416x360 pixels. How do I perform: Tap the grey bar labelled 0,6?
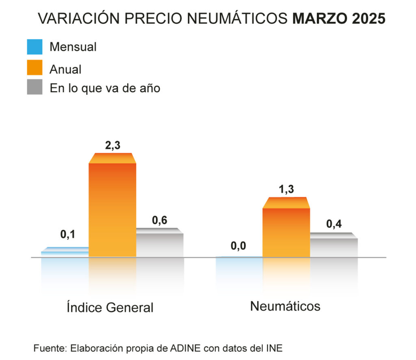point(160,244)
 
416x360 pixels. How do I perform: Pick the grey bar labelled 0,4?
point(334,246)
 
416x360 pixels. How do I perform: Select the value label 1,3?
point(286,189)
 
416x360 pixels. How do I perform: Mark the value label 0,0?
point(238,246)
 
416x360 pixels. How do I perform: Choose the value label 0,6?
point(160,220)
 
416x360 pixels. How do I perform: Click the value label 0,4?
point(334,224)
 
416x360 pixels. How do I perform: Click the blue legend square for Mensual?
point(35,47)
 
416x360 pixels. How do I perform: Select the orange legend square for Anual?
point(35,67)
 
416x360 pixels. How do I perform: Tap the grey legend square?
point(35,87)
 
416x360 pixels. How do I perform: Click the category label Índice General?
point(110,307)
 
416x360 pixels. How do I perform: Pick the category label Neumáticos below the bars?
point(285,306)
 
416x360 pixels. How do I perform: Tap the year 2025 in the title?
point(369,19)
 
